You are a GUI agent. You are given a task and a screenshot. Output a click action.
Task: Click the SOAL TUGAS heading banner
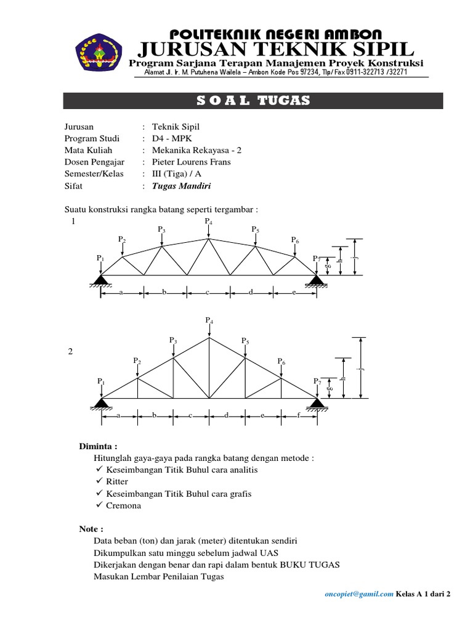pos(253,101)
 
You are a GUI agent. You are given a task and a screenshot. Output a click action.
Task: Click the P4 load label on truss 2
pos(209,321)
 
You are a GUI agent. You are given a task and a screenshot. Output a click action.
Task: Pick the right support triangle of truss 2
pos(317,404)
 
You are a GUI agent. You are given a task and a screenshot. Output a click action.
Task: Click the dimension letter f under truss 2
pos(299,415)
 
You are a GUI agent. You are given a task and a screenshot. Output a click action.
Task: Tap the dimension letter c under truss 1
pos(208,292)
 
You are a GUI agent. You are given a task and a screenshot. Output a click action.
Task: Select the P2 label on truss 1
pos(122,240)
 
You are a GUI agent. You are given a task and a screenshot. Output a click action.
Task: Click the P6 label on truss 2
pos(281,361)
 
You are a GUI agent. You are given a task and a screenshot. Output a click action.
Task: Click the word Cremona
pos(124,506)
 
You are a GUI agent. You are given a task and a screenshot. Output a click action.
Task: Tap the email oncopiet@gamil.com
pos(360,594)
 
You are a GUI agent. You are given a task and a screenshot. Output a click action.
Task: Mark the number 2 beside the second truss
pos(70,351)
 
